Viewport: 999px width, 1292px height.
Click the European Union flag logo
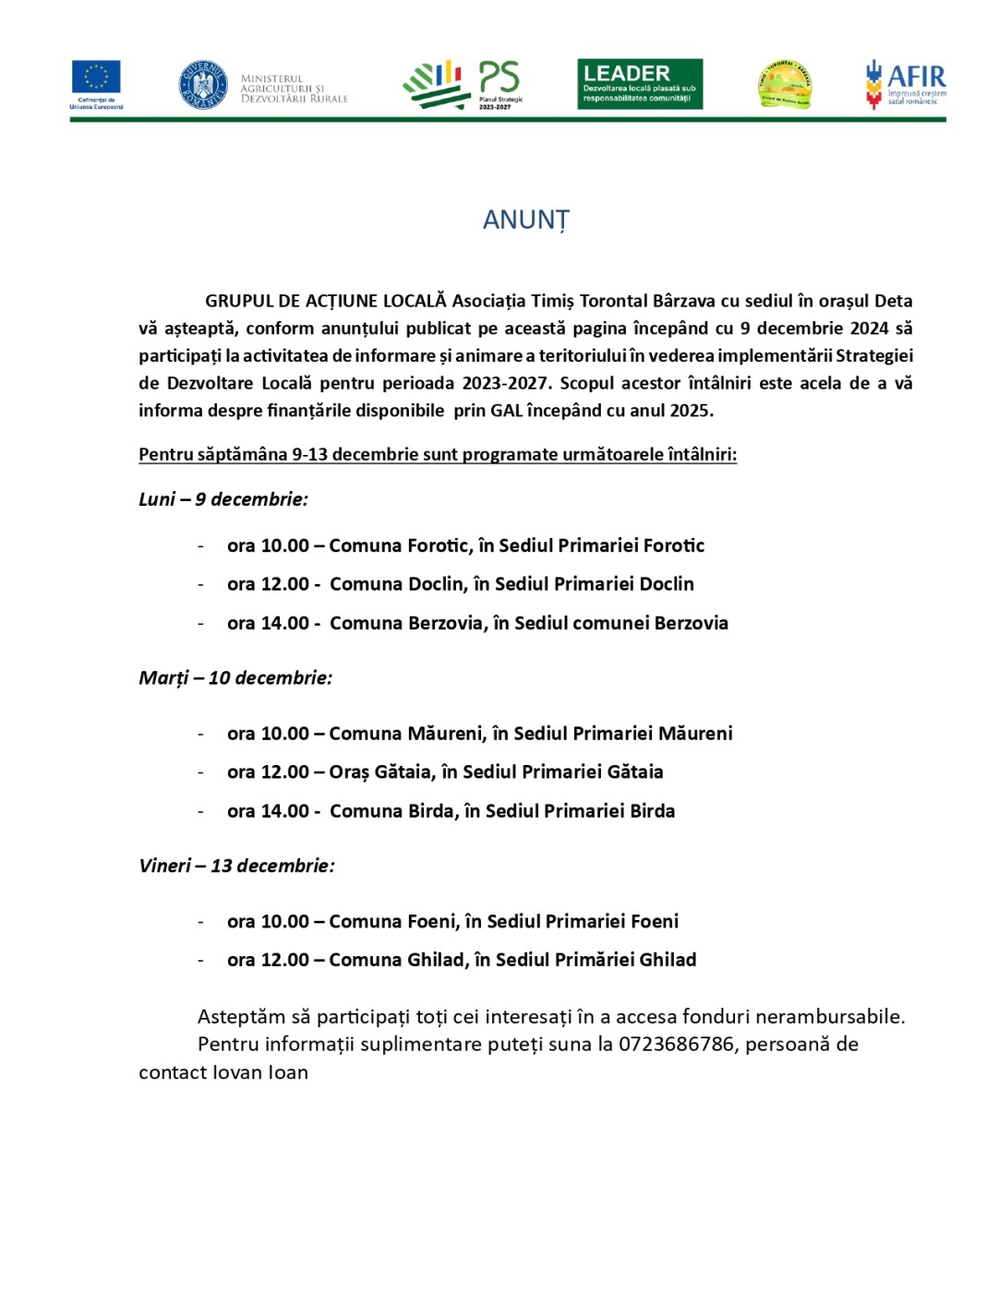pyautogui.click(x=96, y=78)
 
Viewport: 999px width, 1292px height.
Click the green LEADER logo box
pyautogui.click(x=640, y=84)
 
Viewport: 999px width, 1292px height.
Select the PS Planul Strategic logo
pyautogui.click(x=463, y=85)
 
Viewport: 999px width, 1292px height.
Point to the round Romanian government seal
pyautogui.click(x=202, y=85)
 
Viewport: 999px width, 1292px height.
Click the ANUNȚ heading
pyautogui.click(x=525, y=220)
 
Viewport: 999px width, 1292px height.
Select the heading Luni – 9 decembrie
pyautogui.click(x=223, y=499)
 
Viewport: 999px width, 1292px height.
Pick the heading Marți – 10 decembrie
pyautogui.click(x=235, y=678)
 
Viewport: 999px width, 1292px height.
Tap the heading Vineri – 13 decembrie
pyautogui.click(x=236, y=866)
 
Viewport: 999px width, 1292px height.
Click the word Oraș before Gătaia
pyautogui.click(x=349, y=772)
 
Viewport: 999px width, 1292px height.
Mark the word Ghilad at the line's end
pyautogui.click(x=668, y=960)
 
